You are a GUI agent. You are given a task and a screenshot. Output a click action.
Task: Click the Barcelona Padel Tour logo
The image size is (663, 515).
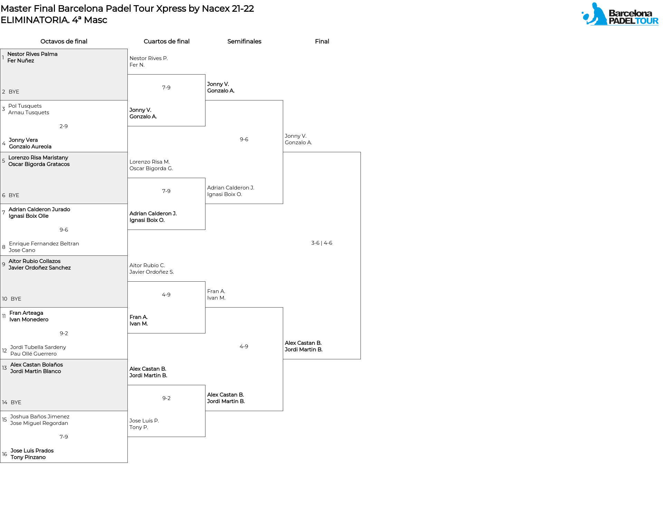coord(620,14)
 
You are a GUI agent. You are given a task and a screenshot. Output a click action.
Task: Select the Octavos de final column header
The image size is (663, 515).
coord(64,41)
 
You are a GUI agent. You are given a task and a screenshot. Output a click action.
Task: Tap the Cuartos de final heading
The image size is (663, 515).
coord(166,41)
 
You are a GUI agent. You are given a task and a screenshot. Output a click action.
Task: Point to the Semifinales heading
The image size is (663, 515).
coord(244,41)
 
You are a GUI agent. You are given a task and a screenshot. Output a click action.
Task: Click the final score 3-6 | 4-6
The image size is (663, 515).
coord(322,243)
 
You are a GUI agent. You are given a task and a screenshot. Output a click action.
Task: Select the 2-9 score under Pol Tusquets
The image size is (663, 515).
coord(64,126)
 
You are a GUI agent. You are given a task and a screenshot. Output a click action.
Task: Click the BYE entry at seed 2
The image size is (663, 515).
coord(14,92)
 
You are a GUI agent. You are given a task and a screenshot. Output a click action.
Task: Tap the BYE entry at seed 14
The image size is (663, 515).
coord(16,402)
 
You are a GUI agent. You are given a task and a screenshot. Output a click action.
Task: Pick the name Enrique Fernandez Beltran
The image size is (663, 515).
coord(44,244)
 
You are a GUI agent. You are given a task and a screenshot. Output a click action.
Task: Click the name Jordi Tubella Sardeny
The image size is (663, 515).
coord(38,347)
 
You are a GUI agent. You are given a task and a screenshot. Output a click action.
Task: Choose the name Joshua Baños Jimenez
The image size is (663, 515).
coord(40,417)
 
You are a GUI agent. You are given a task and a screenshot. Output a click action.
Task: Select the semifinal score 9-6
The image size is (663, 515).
coord(244,139)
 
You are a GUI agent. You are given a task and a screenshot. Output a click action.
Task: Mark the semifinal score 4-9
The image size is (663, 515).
coord(244,347)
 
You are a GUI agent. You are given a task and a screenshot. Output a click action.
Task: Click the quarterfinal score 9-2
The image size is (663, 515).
coord(166,398)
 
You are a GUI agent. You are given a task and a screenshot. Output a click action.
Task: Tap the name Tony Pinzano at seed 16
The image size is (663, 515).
coord(28,457)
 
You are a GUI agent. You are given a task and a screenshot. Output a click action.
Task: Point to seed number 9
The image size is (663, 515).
coord(3,264)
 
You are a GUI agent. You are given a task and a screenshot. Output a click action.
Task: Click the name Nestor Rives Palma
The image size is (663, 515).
coord(32,54)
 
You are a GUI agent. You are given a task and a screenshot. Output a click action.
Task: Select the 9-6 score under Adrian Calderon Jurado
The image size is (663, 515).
coord(64,230)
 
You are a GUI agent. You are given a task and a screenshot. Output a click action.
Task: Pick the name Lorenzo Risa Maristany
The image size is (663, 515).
coord(38,158)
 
